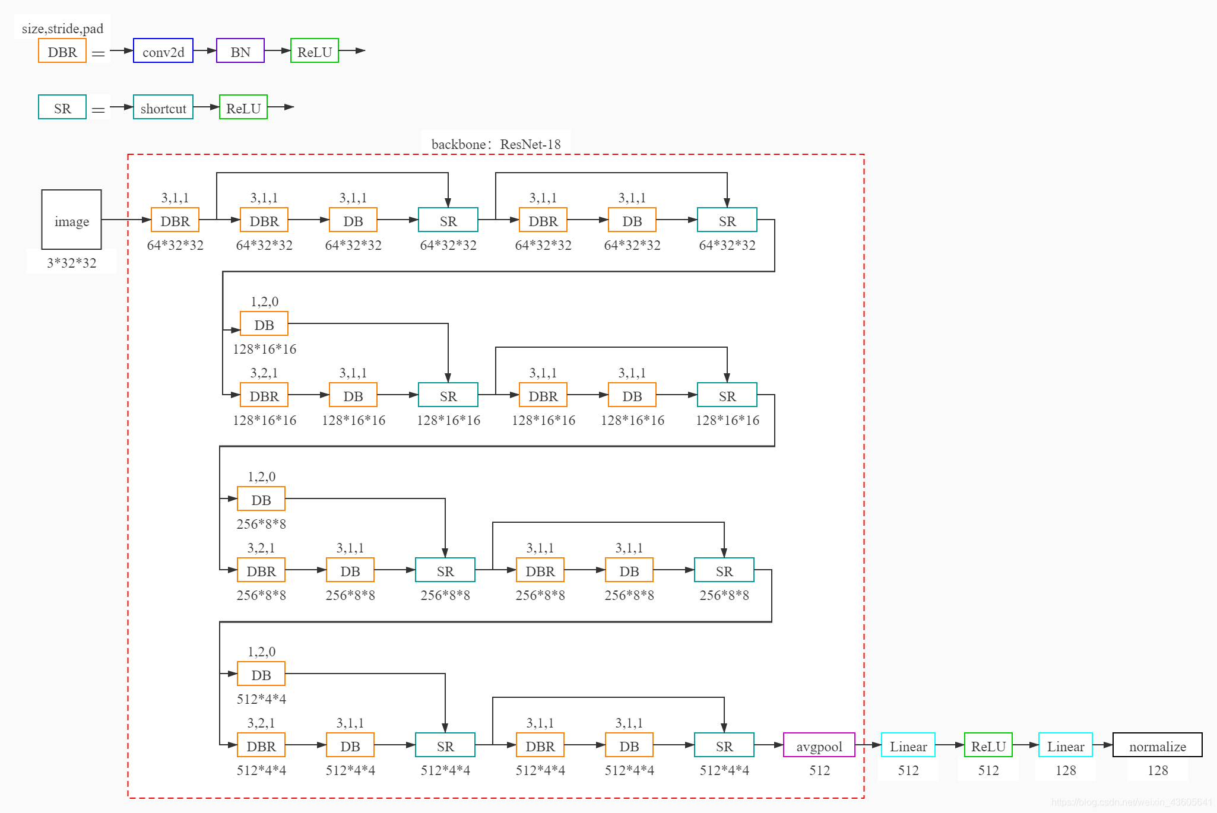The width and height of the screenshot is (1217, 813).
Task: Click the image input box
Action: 71,220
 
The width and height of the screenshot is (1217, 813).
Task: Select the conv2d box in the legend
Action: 163,51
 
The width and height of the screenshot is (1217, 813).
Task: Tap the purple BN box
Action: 240,51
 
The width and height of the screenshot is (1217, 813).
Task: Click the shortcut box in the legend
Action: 163,107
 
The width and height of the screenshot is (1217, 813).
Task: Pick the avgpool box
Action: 819,745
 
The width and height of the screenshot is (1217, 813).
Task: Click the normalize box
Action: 1157,745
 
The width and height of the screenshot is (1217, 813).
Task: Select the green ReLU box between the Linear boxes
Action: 988,745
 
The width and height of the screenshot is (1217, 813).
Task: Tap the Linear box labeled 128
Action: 1065,745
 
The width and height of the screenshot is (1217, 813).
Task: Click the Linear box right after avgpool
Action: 908,745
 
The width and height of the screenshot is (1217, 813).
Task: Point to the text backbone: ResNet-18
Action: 496,144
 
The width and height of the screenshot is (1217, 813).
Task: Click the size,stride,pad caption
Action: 62,28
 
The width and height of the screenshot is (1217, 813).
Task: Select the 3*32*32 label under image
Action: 71,263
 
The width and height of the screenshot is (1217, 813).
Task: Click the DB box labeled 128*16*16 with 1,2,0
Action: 264,324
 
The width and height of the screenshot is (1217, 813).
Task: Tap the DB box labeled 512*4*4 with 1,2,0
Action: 261,674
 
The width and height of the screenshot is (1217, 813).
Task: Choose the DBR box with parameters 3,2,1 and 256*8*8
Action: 261,570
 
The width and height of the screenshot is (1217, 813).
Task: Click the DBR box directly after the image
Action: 175,220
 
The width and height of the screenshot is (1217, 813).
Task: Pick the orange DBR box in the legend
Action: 62,51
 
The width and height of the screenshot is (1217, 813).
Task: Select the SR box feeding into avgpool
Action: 724,745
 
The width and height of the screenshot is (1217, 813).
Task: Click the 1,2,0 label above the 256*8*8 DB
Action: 261,477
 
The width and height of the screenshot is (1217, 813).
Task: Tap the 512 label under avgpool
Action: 819,770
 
